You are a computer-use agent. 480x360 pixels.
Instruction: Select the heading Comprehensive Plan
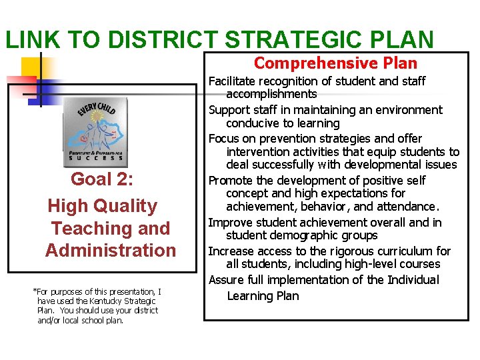point(335,63)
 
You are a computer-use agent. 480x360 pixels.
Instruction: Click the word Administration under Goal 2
point(111,251)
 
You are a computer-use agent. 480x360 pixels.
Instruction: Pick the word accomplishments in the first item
point(271,94)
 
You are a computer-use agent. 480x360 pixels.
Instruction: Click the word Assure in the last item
point(227,280)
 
